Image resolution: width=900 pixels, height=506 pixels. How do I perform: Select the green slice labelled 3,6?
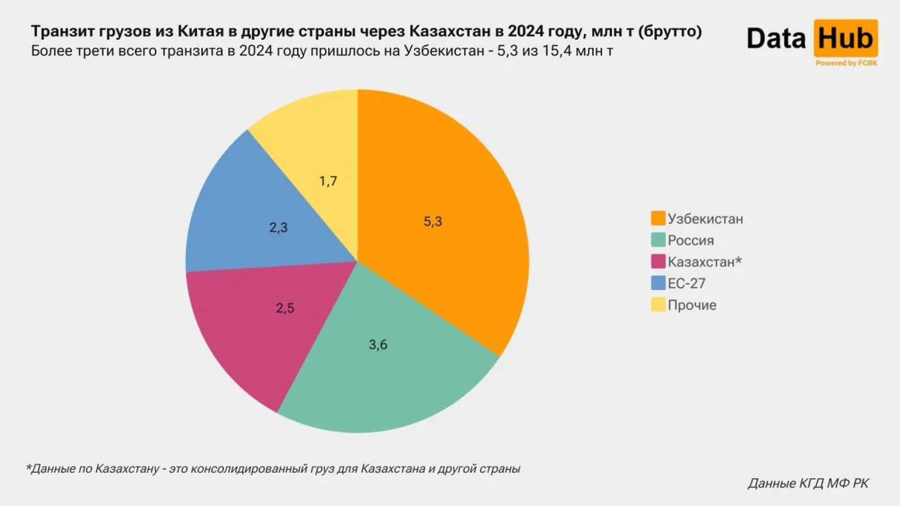click(x=386, y=368)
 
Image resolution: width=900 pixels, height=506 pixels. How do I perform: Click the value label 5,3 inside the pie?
click(x=432, y=222)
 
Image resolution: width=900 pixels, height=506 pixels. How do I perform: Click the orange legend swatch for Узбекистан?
click(x=658, y=218)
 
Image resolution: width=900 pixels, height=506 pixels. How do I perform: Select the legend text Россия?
click(x=690, y=241)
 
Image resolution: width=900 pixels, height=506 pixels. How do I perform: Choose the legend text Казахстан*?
click(x=704, y=262)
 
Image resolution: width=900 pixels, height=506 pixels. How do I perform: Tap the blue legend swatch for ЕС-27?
click(x=658, y=283)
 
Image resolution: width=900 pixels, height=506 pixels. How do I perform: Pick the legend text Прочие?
click(x=691, y=305)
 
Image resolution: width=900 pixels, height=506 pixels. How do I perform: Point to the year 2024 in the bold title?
click(x=526, y=31)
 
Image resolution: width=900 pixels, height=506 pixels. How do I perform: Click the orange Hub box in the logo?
click(x=845, y=39)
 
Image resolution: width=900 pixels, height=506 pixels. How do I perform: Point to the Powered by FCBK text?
click(x=846, y=63)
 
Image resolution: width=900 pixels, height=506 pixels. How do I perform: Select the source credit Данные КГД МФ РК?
click(x=808, y=483)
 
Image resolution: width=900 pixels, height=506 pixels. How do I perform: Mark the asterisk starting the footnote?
click(x=28, y=467)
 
